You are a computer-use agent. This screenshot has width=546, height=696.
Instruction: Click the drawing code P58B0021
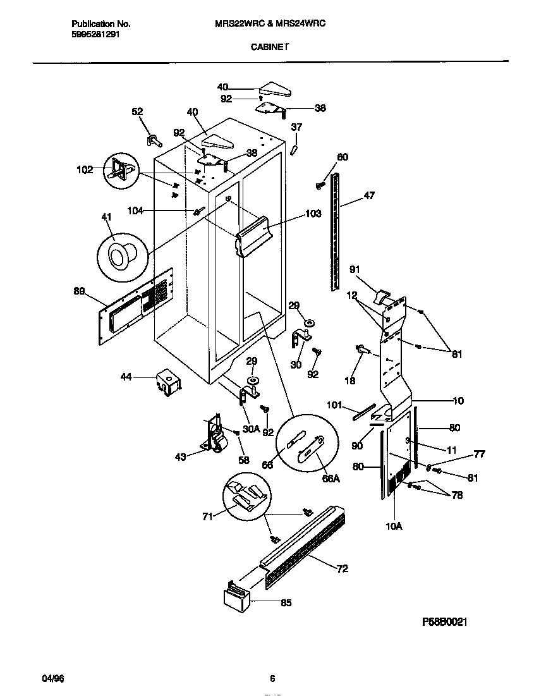click(x=444, y=622)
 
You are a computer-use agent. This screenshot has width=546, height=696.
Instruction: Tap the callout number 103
click(x=313, y=214)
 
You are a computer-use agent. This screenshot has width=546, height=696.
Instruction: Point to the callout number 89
click(x=79, y=291)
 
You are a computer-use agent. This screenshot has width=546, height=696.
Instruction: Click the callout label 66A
click(x=331, y=479)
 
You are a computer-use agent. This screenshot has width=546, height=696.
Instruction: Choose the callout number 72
click(x=342, y=569)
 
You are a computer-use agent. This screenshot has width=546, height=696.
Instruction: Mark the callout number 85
click(x=286, y=602)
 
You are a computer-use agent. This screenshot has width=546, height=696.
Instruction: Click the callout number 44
click(x=126, y=377)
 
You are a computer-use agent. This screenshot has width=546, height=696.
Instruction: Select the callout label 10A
click(x=394, y=524)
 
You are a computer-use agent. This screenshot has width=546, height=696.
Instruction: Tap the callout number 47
click(x=369, y=196)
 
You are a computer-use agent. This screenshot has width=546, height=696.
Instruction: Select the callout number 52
click(x=137, y=112)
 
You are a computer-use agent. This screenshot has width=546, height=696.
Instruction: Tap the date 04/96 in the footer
click(x=52, y=679)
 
